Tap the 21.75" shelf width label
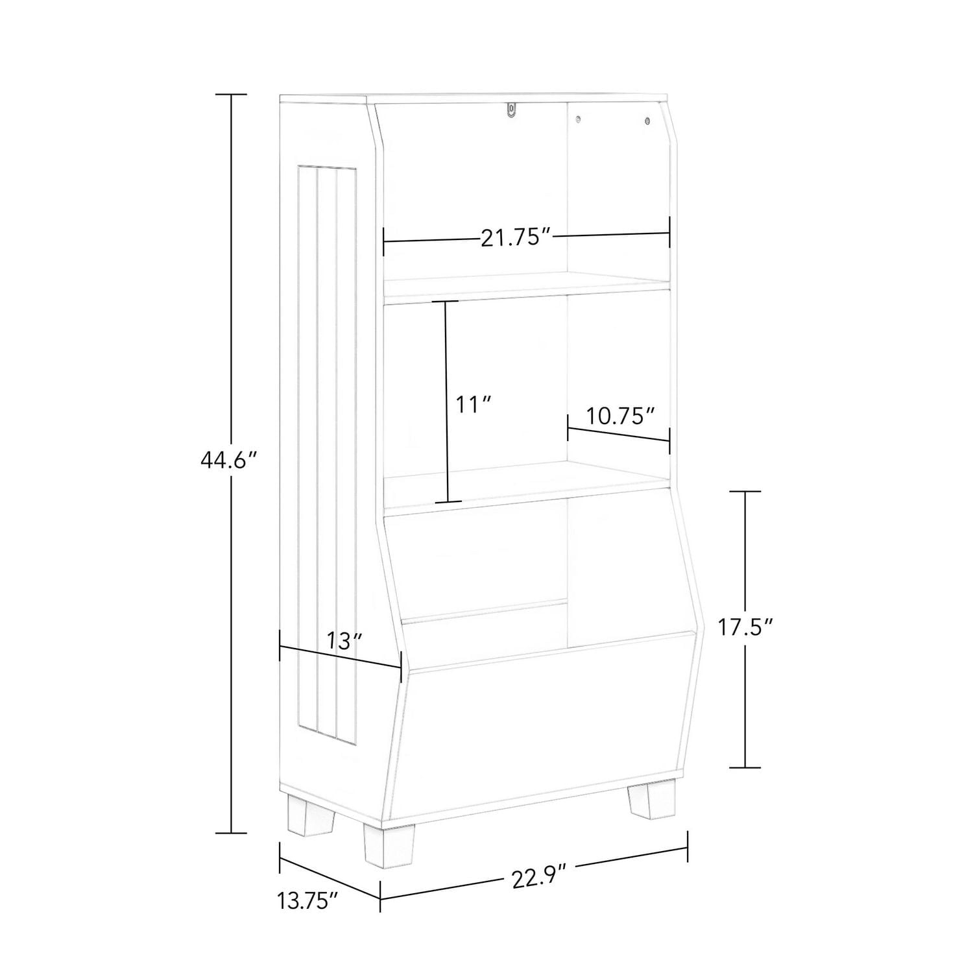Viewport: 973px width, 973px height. pyautogui.click(x=516, y=238)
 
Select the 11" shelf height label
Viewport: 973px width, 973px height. pyautogui.click(x=472, y=405)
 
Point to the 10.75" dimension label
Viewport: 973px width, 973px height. pyautogui.click(x=619, y=416)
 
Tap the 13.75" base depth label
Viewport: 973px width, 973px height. pyautogui.click(x=308, y=900)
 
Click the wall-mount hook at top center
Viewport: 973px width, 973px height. pyautogui.click(x=512, y=111)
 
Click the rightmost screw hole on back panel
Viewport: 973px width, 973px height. pyautogui.click(x=647, y=121)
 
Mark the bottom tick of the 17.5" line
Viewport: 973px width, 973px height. pyautogui.click(x=744, y=767)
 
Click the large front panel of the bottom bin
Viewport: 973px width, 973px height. pyautogui.click(x=545, y=733)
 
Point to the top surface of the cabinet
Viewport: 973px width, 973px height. pyautogui.click(x=474, y=99)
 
